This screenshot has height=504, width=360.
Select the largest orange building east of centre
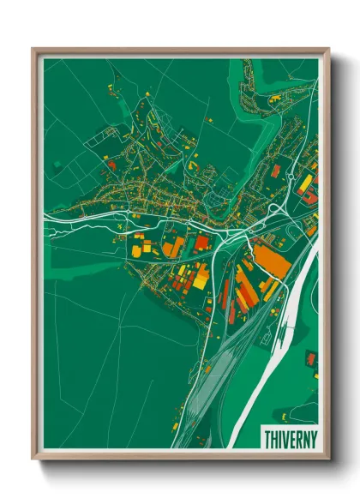(272, 261)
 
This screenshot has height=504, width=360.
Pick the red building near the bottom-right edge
(311, 357)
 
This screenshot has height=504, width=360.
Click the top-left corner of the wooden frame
(33, 50)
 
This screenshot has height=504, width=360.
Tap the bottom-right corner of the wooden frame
(328, 458)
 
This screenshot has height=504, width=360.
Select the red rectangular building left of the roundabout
(276, 171)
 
